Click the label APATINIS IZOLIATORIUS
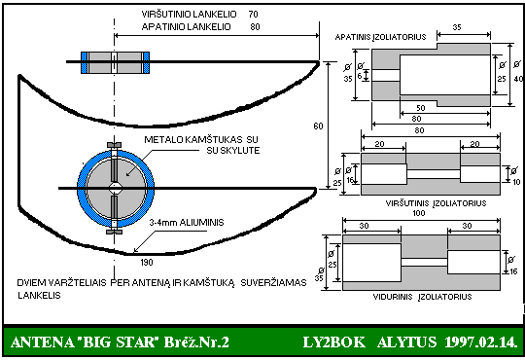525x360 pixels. (x=380, y=37)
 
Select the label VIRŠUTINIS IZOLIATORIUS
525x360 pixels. (x=436, y=203)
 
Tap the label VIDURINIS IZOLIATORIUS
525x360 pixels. (x=422, y=297)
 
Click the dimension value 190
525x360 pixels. (x=147, y=262)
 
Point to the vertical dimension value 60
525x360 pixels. (x=318, y=126)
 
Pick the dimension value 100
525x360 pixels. (x=418, y=213)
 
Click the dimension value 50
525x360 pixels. (x=421, y=108)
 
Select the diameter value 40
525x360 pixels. (x=518, y=79)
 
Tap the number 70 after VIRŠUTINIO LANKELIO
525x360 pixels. (x=253, y=14)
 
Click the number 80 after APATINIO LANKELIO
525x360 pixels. (x=255, y=26)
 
